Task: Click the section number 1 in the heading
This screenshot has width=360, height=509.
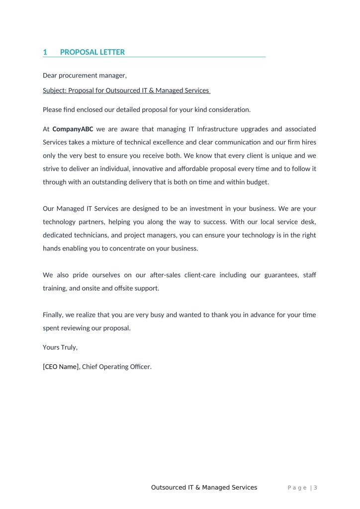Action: point(45,52)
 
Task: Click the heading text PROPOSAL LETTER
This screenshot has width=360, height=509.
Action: point(92,52)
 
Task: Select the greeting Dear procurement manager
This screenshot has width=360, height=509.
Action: point(85,76)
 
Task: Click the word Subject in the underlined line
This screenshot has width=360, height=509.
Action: point(54,90)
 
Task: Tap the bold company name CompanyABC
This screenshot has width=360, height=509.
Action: point(73,129)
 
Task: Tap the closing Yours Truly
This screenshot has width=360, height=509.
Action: point(60,347)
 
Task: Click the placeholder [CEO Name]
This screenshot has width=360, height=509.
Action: point(61,367)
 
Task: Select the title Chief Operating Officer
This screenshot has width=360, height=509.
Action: point(116,367)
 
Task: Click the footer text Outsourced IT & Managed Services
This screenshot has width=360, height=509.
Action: point(204,488)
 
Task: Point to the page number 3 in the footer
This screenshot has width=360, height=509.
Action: point(315,488)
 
